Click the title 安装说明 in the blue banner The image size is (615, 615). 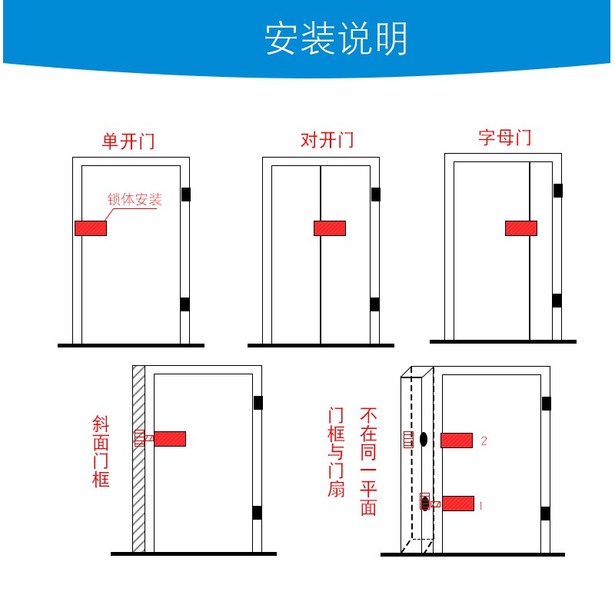pyautogui.click(x=336, y=39)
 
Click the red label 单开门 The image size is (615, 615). pyautogui.click(x=128, y=141)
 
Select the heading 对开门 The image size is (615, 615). pyautogui.click(x=327, y=141)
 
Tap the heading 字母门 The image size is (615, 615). pyautogui.click(x=504, y=138)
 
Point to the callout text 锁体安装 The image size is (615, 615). pyautogui.click(x=135, y=200)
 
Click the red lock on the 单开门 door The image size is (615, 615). pyautogui.click(x=91, y=228)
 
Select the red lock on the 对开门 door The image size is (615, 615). pyautogui.click(x=330, y=228)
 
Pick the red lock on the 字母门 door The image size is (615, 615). pyautogui.click(x=520, y=228)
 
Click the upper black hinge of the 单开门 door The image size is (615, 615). pyautogui.click(x=185, y=194)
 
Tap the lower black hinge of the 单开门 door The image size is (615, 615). pyautogui.click(x=184, y=304)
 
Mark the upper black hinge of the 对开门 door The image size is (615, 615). pyautogui.click(x=375, y=194)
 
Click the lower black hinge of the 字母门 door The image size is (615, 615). pyautogui.click(x=557, y=301)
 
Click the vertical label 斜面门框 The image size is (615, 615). pyautogui.click(x=101, y=451)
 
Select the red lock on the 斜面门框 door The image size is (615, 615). pyautogui.click(x=170, y=439)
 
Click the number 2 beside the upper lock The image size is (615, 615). pyautogui.click(x=484, y=441)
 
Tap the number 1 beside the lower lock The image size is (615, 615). pyautogui.click(x=480, y=506)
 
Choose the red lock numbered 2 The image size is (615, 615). pyautogui.click(x=457, y=440)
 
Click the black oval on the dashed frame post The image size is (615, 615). pyautogui.click(x=423, y=440)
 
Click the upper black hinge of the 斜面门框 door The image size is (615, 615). pyautogui.click(x=258, y=403)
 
